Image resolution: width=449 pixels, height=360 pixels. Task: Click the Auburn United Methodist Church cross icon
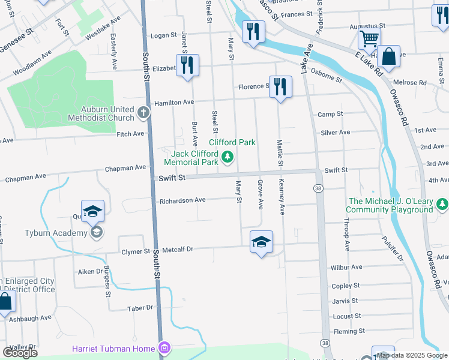(143, 112)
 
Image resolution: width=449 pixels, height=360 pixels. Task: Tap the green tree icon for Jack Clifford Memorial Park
(227, 158)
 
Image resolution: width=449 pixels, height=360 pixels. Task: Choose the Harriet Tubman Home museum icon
(164, 348)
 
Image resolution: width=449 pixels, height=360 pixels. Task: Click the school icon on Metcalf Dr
(261, 242)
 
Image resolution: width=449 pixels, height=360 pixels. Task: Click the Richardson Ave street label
(182, 200)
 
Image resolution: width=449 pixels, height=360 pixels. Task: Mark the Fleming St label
(346, 331)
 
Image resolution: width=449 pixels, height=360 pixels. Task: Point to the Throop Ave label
(347, 233)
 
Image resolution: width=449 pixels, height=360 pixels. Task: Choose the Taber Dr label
(140, 308)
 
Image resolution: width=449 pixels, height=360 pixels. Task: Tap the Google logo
(20, 353)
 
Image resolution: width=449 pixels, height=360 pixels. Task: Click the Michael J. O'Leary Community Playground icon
(443, 205)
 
